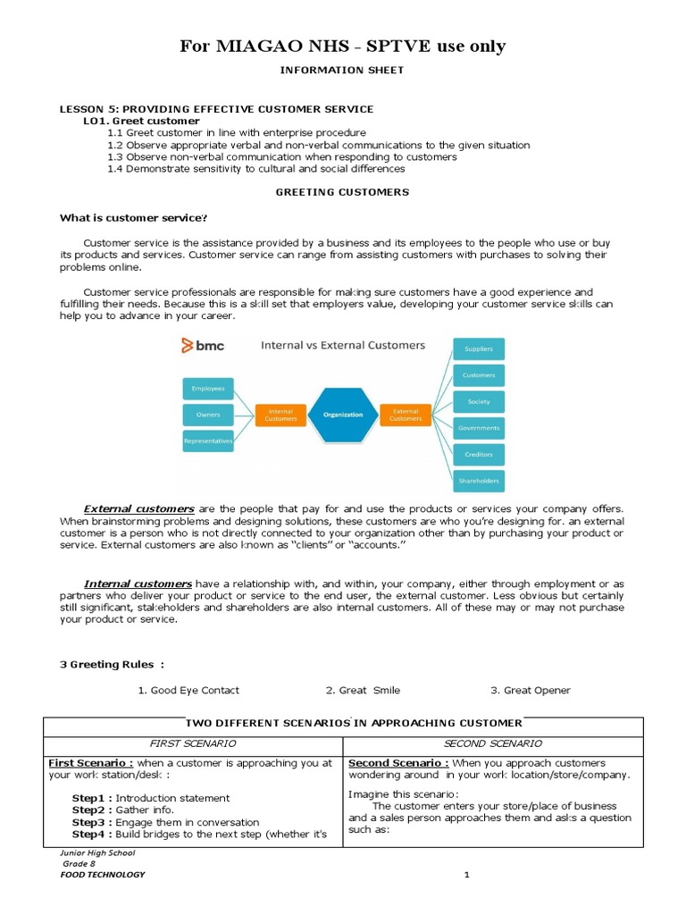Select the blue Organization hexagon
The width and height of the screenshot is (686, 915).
click(x=343, y=415)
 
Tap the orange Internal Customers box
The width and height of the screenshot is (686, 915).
click(x=281, y=415)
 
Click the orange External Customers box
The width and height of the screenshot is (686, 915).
click(x=406, y=415)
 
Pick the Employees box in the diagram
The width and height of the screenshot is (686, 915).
click(x=208, y=389)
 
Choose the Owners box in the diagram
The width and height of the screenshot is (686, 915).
click(x=208, y=415)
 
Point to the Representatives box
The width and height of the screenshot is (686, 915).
click(x=208, y=441)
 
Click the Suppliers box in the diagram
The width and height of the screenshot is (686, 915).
click(x=479, y=348)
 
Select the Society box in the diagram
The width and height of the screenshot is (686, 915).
click(x=479, y=401)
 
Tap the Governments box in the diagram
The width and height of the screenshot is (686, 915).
click(x=479, y=428)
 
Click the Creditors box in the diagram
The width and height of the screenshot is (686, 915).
click(x=479, y=454)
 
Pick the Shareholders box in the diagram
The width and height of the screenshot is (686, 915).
click(x=479, y=481)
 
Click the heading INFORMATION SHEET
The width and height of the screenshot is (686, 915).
click(x=342, y=70)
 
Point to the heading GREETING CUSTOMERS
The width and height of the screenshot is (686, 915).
click(x=342, y=192)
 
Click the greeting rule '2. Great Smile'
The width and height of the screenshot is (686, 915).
click(x=363, y=690)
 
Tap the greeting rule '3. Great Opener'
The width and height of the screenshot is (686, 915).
click(x=530, y=690)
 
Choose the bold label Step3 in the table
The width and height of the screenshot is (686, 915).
click(x=91, y=822)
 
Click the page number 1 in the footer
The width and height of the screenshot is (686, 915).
click(x=465, y=875)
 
